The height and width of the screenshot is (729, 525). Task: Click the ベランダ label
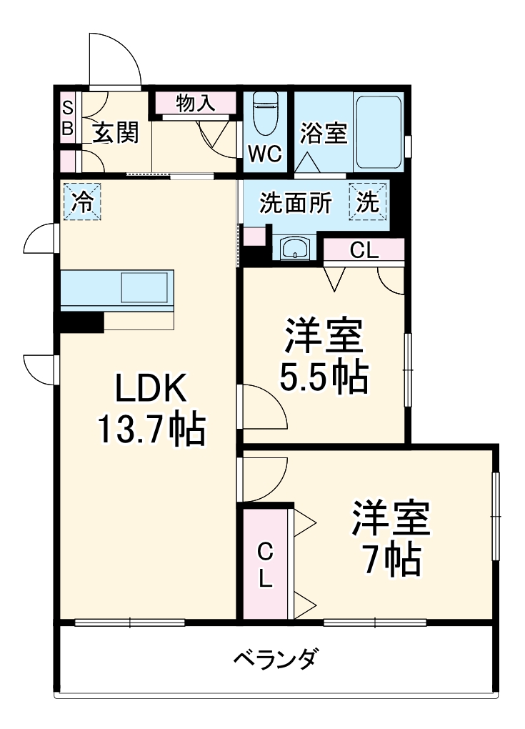point(275,658)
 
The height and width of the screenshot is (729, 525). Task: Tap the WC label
point(265,153)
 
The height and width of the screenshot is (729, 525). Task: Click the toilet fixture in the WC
point(265,114)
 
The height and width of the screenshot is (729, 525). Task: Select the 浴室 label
point(323,134)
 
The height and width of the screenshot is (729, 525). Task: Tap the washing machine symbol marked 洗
point(367,203)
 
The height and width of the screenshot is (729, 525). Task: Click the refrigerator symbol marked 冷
point(81,202)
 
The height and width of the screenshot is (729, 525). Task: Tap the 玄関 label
point(114,133)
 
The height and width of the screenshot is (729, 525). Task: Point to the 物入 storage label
point(195,104)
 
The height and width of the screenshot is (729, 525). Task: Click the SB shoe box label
point(67,119)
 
